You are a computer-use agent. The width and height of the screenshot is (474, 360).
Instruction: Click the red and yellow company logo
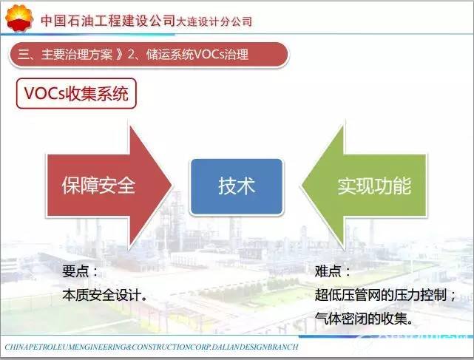coord(18,18)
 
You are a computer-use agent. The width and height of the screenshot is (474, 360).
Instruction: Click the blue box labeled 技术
coord(237,186)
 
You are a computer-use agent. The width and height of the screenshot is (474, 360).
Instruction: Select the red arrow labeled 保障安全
coord(109,186)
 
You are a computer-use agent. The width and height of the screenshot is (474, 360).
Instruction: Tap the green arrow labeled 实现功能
coord(364,186)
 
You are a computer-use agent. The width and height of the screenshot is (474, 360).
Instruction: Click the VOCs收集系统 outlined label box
coord(76,93)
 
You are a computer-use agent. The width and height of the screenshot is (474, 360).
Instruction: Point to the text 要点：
coord(80,271)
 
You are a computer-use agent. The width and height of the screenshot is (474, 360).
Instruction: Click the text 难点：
coord(333,271)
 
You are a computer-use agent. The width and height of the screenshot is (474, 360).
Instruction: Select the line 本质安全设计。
coord(105,295)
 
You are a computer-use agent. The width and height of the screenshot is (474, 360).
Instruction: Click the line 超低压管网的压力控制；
coord(385,295)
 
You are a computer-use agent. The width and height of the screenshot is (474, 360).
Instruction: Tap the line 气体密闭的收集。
coord(364,319)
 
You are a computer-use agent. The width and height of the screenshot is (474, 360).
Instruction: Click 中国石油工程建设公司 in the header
coord(108,20)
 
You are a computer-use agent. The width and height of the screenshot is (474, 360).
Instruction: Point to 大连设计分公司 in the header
coord(214,21)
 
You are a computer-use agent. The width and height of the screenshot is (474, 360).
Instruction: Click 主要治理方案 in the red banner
coord(77,55)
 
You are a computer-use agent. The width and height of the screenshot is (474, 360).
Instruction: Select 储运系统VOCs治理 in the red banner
coord(197,55)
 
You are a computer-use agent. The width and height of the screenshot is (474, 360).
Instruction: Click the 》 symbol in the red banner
coord(121,55)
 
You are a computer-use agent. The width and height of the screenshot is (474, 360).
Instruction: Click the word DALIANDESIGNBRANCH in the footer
coord(255,347)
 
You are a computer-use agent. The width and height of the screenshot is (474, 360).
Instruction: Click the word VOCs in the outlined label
coord(44,93)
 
